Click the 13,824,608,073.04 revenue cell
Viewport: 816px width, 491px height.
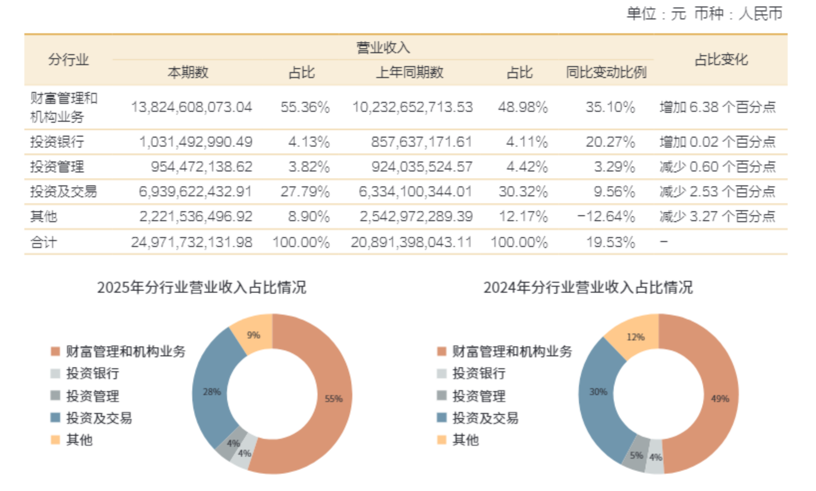coord(191,107)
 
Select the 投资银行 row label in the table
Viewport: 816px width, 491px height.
coord(57,142)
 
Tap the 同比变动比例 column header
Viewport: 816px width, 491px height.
coord(606,73)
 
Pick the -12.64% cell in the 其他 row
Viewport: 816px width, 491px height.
coord(606,217)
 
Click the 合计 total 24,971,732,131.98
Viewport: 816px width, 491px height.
coord(191,243)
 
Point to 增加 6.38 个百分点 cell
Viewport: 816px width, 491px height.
coord(717,107)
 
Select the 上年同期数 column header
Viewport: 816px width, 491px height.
coord(409,73)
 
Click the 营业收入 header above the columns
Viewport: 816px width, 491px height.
coord(383,48)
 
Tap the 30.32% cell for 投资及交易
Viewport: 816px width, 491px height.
coord(523,192)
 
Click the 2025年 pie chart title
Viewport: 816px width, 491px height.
coord(201,287)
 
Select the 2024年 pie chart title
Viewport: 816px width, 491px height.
coord(588,287)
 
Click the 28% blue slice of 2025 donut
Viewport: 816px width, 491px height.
coord(212,392)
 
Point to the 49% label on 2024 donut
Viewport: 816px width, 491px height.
coord(720,399)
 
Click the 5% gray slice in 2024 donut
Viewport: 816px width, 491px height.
coord(637,455)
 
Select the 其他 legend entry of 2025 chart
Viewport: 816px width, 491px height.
coord(79,440)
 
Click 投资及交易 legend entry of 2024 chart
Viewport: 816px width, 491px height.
coord(485,418)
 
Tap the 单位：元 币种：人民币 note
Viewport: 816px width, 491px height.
coord(704,13)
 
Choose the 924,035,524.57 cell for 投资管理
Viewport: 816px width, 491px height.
coord(421,167)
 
